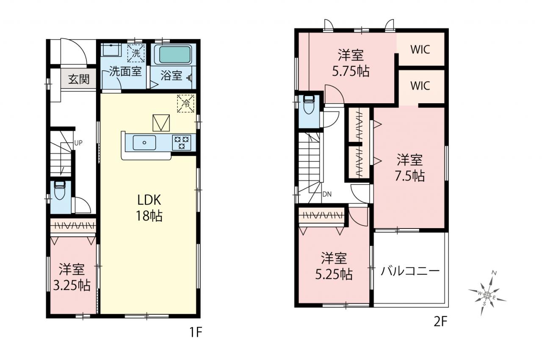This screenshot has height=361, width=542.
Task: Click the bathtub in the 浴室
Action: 173,55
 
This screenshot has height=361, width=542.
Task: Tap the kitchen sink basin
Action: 144,143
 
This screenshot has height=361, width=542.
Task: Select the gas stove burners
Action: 182,143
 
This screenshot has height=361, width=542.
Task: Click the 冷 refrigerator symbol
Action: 185,104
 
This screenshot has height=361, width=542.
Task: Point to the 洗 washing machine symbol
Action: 136,53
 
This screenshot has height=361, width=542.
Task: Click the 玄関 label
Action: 79,79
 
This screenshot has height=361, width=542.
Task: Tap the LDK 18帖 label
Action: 149,208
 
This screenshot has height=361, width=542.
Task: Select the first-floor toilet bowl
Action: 60,191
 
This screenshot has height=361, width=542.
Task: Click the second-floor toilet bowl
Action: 309,105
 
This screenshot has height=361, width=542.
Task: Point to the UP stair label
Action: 78,143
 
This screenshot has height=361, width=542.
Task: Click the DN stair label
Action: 327,194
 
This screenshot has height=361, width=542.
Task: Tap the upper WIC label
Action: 420,50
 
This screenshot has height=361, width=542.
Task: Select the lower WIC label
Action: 420,86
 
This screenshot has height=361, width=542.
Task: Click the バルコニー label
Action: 410,271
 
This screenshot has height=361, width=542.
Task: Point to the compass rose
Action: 487,295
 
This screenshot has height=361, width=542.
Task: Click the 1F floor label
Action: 196,332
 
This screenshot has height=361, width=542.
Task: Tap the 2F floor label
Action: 440,322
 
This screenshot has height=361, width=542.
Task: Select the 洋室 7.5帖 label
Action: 409,168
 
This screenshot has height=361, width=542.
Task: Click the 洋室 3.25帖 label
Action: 72,278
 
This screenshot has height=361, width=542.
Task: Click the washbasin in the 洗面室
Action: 111,50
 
